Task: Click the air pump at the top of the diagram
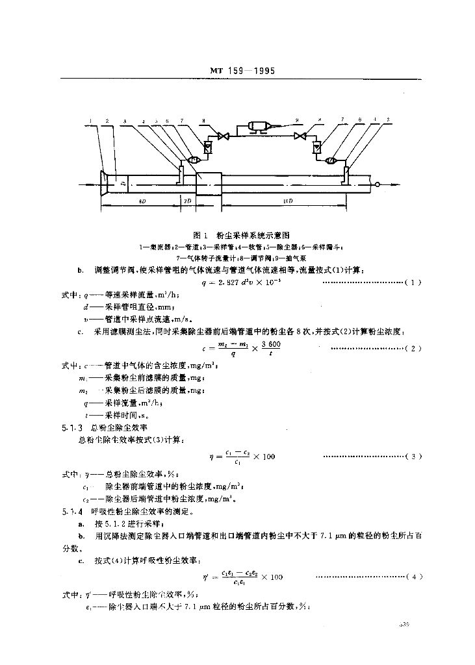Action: click(263, 125)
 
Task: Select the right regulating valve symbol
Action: click(300, 136)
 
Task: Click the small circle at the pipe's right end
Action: click(378, 185)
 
